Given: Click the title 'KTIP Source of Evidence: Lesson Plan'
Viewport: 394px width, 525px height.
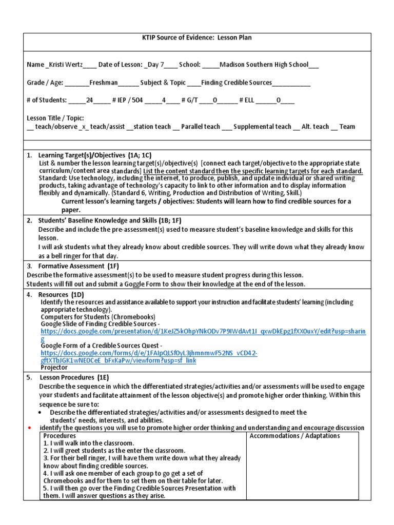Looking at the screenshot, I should (x=204, y=37).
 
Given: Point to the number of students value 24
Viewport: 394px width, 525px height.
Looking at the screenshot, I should (x=89, y=100).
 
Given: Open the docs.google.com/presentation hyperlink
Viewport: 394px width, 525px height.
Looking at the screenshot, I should (x=203, y=332).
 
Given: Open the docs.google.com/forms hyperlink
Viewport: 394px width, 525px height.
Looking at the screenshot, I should (x=149, y=353).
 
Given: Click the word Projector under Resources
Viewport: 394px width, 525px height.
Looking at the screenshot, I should (x=54, y=367).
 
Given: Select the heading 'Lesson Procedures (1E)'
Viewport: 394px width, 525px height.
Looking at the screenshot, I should (x=72, y=378).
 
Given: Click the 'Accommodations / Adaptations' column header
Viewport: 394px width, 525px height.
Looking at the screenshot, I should (x=294, y=436).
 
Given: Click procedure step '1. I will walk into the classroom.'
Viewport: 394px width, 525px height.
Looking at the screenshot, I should (x=88, y=443).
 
